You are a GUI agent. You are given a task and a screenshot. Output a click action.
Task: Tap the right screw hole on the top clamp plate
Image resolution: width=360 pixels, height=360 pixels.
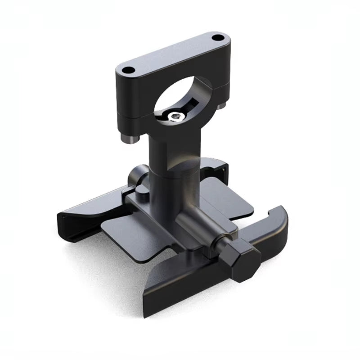[217, 38]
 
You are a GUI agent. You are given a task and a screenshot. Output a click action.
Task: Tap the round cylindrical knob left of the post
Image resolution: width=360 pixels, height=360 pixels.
[137, 176]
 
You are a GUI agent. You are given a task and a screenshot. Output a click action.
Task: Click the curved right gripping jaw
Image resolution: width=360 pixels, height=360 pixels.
[274, 225]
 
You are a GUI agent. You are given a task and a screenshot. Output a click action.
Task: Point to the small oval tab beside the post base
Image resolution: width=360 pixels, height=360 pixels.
[141, 191]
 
